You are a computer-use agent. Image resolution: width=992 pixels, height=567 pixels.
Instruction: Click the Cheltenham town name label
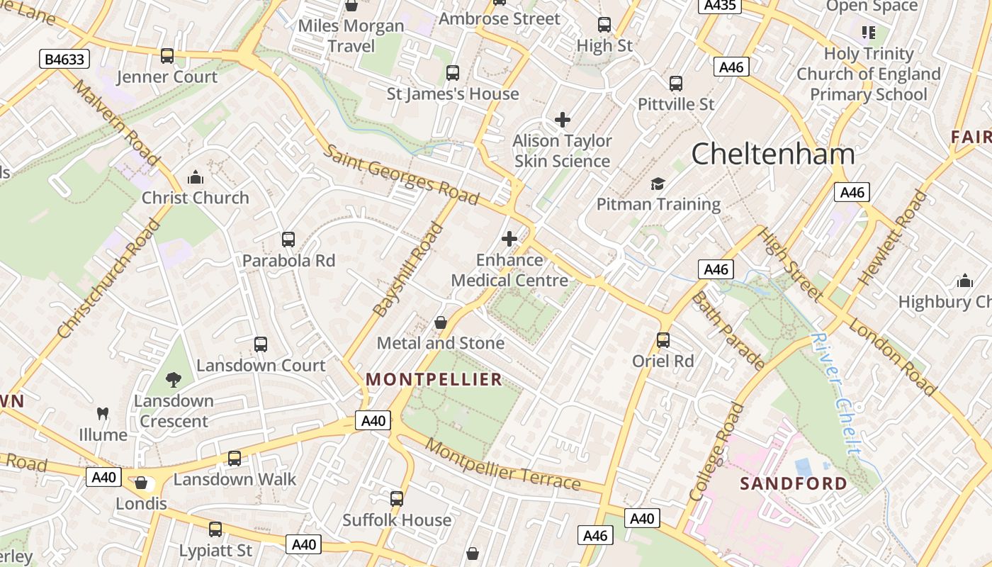pos(772,154)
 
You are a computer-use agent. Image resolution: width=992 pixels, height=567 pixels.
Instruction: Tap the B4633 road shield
pos(64,59)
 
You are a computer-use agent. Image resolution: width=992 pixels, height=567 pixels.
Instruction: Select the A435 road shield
pos(720,6)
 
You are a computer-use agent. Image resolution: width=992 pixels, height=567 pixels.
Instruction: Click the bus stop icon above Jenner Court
pos(167,56)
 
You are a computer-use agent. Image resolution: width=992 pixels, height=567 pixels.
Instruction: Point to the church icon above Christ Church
pos(195,177)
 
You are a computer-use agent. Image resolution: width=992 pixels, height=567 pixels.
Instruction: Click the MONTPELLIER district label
pos(434,379)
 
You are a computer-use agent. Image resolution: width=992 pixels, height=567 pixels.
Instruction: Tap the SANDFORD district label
pos(794,484)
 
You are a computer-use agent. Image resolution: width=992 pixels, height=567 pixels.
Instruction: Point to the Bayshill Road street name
pos(408,269)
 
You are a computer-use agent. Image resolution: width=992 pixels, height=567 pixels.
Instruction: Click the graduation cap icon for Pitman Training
pos(658,184)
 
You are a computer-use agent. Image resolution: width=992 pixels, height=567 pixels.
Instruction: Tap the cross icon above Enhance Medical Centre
pos(509,239)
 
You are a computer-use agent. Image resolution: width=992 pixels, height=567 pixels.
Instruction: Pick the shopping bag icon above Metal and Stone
pos(441,323)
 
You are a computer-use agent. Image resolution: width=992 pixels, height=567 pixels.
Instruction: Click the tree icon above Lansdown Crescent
pos(174,380)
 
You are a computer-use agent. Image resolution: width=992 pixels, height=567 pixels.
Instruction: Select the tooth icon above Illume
pos(103,413)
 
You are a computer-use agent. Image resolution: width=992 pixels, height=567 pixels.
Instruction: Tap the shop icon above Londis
pos(141,483)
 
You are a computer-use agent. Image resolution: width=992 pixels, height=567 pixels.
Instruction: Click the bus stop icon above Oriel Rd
pos(663,340)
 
